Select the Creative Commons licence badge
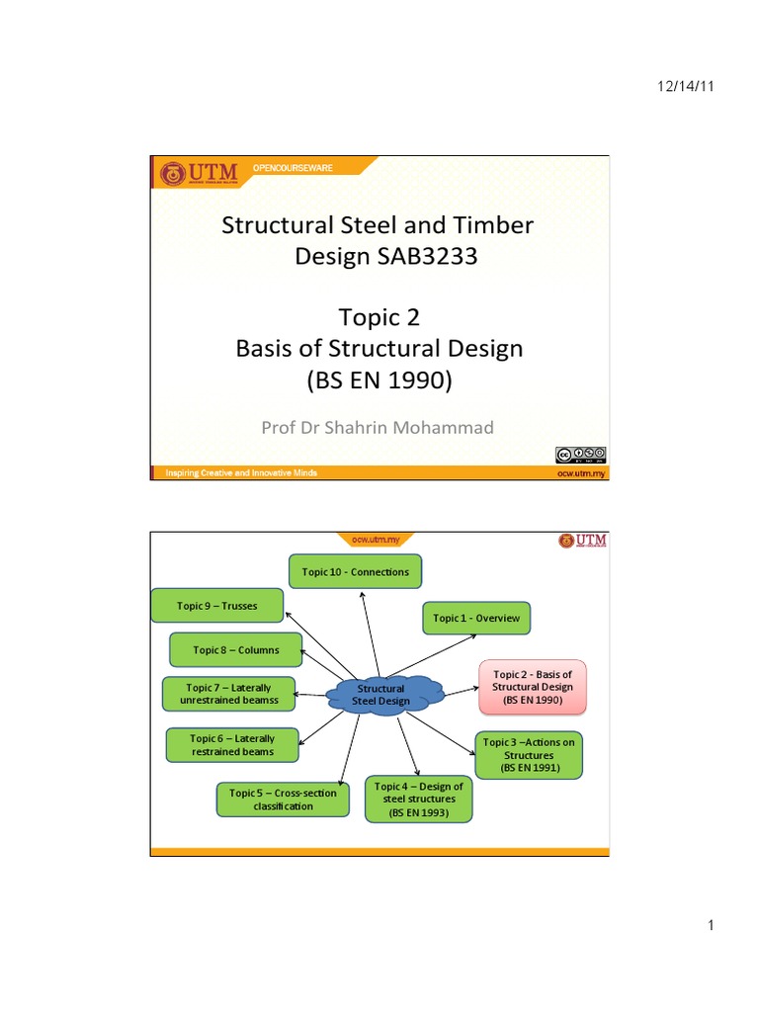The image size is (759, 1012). coord(580,455)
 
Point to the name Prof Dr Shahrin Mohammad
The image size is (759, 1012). coord(379,427)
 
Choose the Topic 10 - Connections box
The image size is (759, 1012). coord(355,572)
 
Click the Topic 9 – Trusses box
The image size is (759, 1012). coord(217,606)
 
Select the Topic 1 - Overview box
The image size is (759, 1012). coord(476,618)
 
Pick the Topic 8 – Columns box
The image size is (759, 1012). coord(235,649)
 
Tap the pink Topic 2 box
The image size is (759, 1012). coord(532,687)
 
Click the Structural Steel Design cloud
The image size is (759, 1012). coord(381,694)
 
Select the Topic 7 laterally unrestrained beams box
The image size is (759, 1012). coord(229,693)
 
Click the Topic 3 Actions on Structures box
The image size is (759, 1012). coord(529,754)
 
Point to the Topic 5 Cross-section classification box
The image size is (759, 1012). coord(283,800)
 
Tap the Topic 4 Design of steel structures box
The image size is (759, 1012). coord(419,800)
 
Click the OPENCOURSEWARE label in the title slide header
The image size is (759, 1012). coord(294,169)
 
